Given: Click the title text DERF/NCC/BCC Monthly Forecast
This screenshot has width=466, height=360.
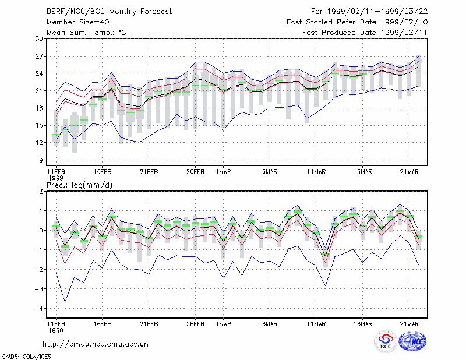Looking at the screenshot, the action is (109, 12).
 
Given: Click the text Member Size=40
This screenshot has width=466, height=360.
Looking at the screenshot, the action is (78, 22).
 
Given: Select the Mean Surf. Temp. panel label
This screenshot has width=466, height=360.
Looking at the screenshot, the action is (86, 33).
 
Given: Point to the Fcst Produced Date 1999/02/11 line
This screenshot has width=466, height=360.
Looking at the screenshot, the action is (365, 33).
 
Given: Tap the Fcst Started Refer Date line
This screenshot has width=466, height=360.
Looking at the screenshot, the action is (357, 22).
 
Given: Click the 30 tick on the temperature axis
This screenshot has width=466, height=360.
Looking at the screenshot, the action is (40, 38).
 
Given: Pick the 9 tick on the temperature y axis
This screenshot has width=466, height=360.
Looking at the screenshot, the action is (41, 160).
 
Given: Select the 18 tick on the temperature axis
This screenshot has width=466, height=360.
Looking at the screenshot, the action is (40, 108).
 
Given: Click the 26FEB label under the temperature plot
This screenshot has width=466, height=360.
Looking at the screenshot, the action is (195, 172).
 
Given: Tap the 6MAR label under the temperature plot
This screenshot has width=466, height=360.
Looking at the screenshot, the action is (270, 172).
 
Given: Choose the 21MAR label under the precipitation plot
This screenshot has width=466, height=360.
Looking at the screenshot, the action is (409, 324).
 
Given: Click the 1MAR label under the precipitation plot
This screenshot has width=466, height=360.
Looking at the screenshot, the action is (224, 324).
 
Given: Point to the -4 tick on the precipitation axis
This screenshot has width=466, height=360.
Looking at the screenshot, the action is (38, 309).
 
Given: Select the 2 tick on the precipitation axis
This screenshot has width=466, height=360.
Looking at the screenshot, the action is (41, 192).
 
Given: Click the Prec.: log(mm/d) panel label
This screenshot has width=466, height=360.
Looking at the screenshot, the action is (80, 185).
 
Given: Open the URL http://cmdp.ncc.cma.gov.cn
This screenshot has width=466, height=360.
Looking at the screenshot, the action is (96, 344).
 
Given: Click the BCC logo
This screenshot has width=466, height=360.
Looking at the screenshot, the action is (386, 341).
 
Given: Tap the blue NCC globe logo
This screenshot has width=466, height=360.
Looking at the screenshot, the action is (412, 341).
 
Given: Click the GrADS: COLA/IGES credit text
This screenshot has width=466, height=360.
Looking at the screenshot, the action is (27, 357).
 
